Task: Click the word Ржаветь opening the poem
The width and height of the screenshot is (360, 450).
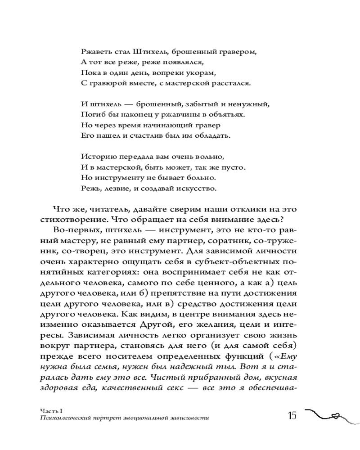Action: coord(95,52)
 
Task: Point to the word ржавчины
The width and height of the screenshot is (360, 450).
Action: coord(187,114)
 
